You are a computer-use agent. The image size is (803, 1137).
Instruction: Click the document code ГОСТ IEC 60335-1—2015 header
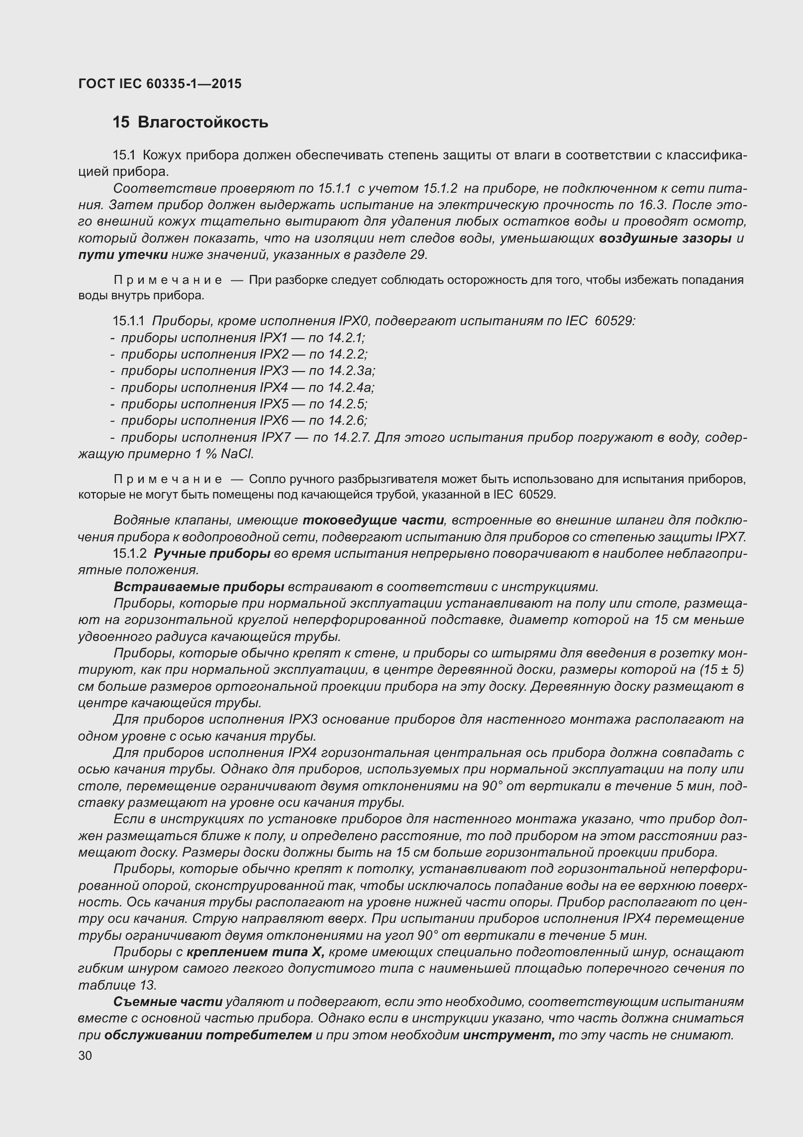click(x=160, y=84)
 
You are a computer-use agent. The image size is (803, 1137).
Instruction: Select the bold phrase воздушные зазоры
click(x=665, y=238)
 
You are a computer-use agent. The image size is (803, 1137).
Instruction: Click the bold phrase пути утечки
click(x=123, y=255)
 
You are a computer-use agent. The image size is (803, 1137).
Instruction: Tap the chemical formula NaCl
click(x=237, y=454)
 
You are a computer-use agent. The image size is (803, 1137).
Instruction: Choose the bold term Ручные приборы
click(x=212, y=554)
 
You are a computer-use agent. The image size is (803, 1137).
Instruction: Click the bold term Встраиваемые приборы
click(x=199, y=587)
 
